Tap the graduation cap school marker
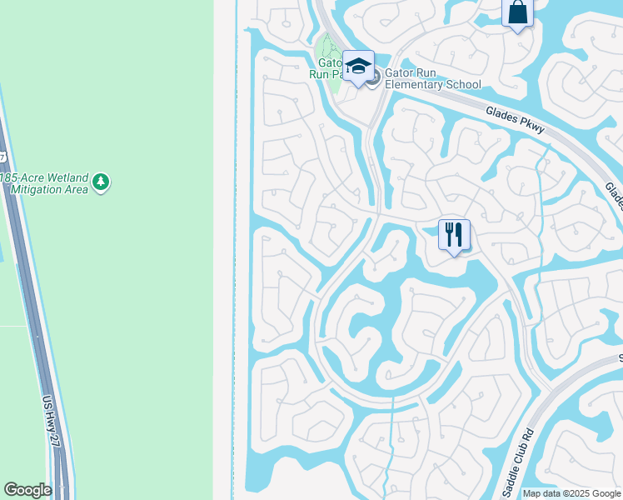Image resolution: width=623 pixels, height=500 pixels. pos(358,67)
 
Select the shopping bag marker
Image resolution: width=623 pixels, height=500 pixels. pos(517,13)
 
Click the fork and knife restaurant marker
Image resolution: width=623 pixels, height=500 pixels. pos(454,235)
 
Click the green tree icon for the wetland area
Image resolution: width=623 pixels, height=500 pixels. pos(101,182)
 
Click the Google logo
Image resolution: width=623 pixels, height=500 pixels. pos(27,490)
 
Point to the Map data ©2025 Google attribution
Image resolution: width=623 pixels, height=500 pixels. pos(571,493)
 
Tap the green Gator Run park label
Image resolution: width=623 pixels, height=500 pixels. pos(326,67)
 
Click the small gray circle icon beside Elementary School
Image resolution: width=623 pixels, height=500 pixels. pos(373,78)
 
